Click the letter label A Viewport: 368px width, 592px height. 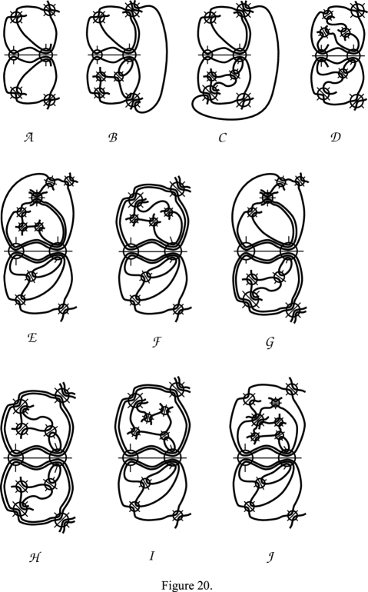[29, 137]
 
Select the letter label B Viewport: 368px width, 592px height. [112, 137]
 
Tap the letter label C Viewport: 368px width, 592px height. [222, 138]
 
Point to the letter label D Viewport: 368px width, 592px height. [335, 136]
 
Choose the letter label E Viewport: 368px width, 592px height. [32, 338]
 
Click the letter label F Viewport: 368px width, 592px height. [157, 342]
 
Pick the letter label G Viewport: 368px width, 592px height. [270, 343]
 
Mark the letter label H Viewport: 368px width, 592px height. [35, 557]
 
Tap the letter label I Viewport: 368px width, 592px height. [151, 556]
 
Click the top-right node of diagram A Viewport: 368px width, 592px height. [50, 8]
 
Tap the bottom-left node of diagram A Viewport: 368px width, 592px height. [16, 91]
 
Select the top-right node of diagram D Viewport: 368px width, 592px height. [356, 9]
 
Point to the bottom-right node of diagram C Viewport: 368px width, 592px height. [244, 101]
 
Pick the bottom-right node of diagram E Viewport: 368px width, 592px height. [64, 308]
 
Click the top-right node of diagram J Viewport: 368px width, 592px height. [292, 388]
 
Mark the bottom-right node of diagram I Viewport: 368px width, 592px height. [177, 515]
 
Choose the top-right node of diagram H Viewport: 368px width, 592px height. [62, 396]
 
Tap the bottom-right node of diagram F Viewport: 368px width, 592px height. [178, 309]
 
